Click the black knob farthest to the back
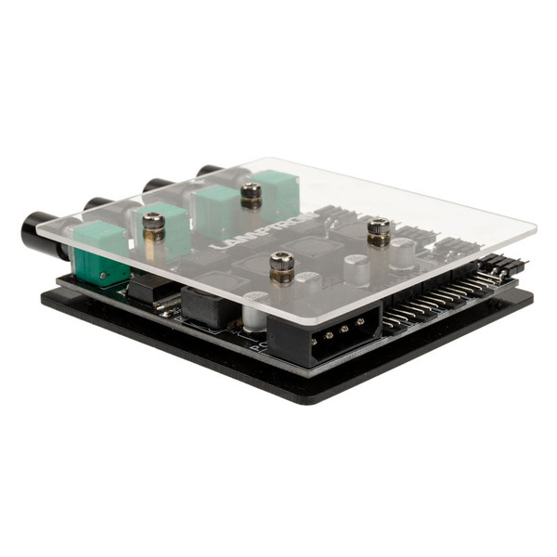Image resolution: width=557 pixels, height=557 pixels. tap(209, 171)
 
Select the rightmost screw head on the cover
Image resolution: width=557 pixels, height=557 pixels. tap(378, 230)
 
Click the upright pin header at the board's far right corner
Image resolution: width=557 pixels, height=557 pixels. tap(506, 265)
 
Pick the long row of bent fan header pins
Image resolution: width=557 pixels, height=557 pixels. tap(436, 297)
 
